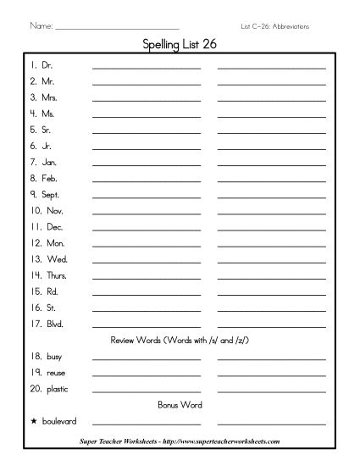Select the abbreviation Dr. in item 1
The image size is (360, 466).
pyautogui.click(x=47, y=64)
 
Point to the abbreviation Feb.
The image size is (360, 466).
pyautogui.click(x=48, y=178)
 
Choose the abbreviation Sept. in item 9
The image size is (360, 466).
pyautogui.click(x=51, y=194)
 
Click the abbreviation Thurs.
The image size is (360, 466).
pyautogui.click(x=53, y=275)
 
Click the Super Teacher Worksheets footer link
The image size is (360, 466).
pyautogui.click(x=180, y=441)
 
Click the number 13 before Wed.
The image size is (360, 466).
pyautogui.click(x=35, y=259)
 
